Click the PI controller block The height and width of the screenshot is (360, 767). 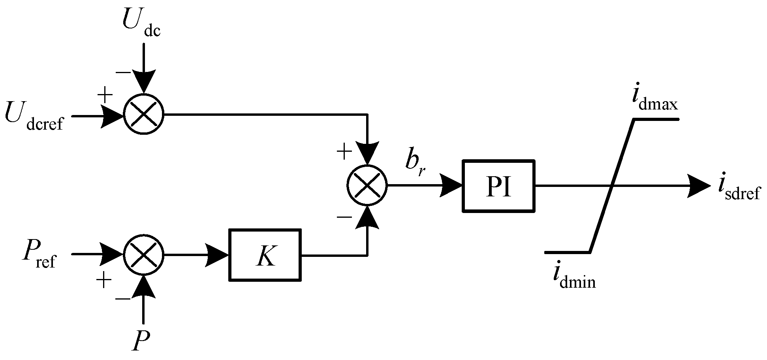coord(498,186)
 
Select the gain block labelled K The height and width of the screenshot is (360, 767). coord(265,255)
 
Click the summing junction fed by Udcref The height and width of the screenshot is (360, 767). coord(143,114)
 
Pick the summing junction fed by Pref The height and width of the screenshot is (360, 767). coord(143,255)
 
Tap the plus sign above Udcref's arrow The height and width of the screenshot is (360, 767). coord(105,95)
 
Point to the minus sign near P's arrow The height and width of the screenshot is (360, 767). coord(123,299)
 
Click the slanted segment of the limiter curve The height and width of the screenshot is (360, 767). coord(612,186)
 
